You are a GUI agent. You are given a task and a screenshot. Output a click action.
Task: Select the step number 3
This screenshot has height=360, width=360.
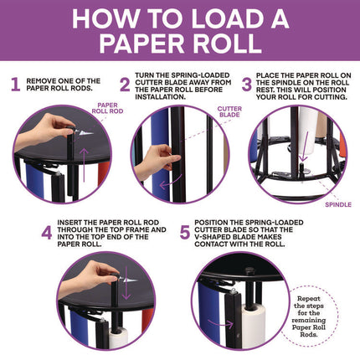coord(247,85)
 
